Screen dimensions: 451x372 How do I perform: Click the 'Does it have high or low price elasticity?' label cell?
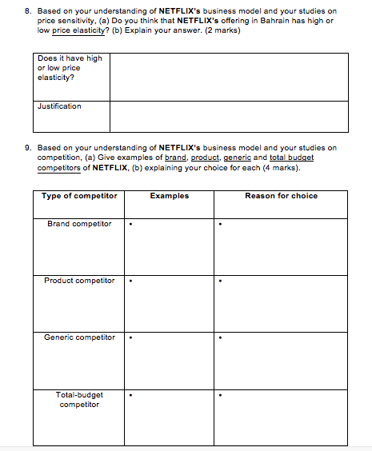70,68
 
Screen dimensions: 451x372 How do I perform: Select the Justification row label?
59,106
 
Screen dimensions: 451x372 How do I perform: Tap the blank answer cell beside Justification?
229,116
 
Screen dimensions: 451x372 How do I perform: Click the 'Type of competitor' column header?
79,196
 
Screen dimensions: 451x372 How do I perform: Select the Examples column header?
169,196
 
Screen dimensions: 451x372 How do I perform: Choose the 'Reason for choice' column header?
281,196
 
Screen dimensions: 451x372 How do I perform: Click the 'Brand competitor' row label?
79,224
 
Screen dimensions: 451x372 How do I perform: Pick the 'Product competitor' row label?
79,281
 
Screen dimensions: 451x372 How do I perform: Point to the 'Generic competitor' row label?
79,337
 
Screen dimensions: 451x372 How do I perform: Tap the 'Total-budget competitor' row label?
79,399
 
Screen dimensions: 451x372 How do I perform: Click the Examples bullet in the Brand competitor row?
130,225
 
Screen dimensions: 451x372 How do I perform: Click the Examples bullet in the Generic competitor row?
130,338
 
